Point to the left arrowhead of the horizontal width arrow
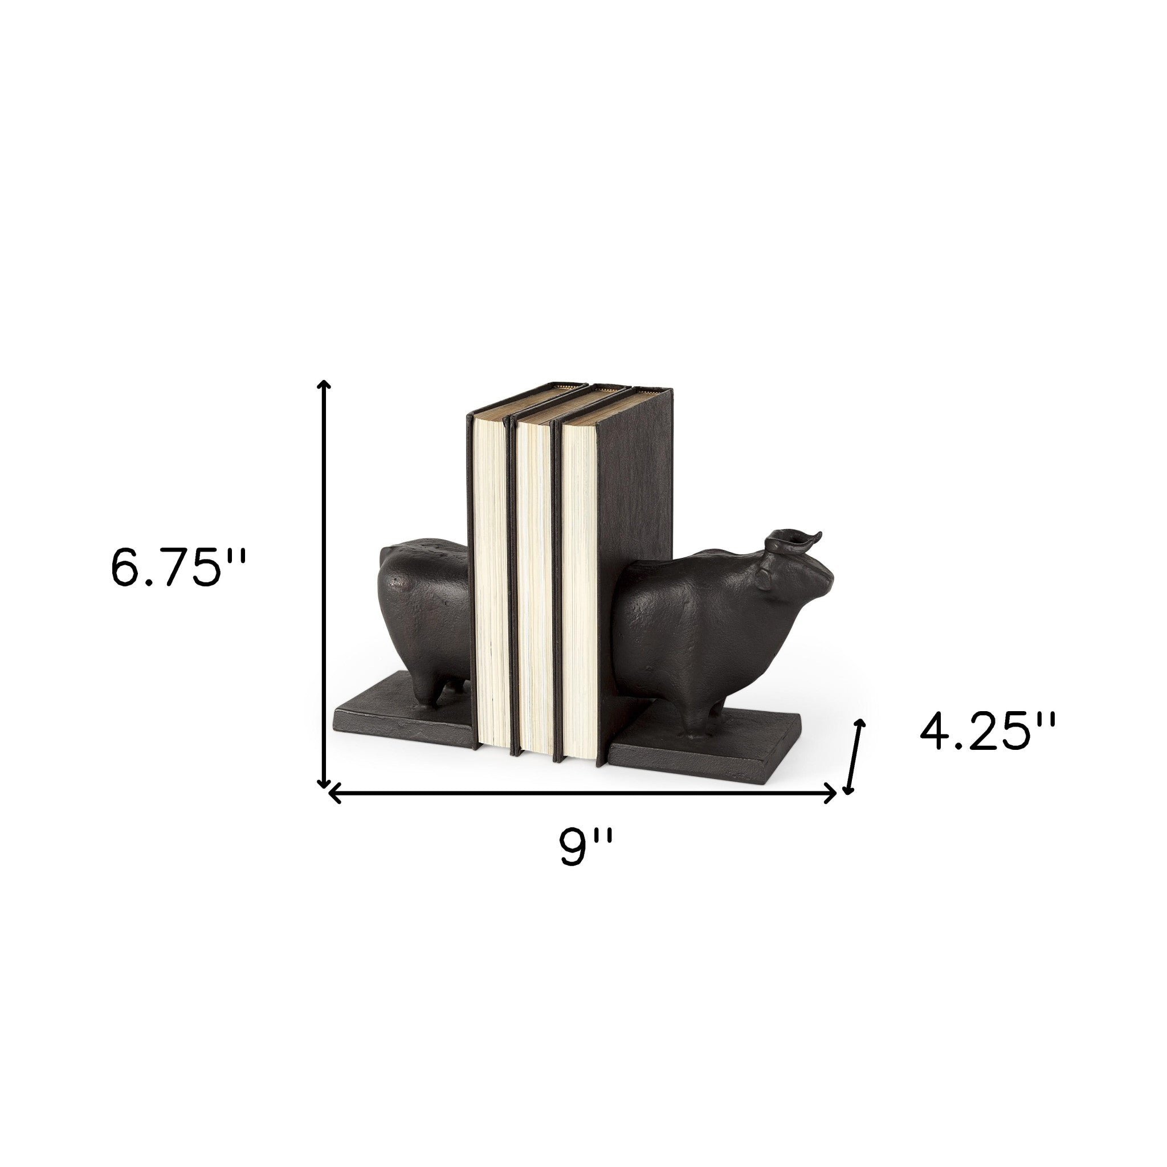pyautogui.click(x=333, y=794)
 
